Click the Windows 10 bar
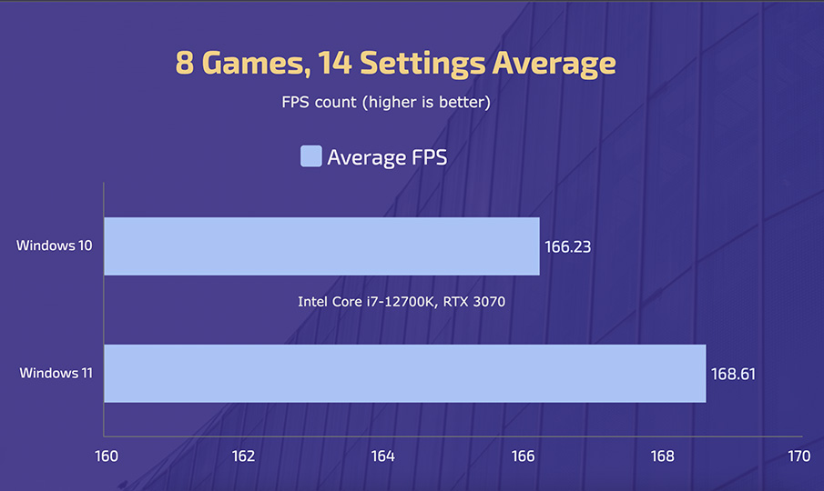pos(321,246)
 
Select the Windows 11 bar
pos(405,373)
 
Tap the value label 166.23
pos(568,246)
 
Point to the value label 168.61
pos(734,373)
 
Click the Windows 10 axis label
pos(53,246)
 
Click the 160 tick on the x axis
pos(106,456)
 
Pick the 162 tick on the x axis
pos(243,456)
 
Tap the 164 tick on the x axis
pos(382,456)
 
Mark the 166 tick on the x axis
pos(522,456)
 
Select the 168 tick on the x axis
pos(661,456)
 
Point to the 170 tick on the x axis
pos(799,456)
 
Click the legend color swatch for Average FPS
pos(310,156)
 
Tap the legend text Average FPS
pos(387,157)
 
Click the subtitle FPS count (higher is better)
pos(386,103)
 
